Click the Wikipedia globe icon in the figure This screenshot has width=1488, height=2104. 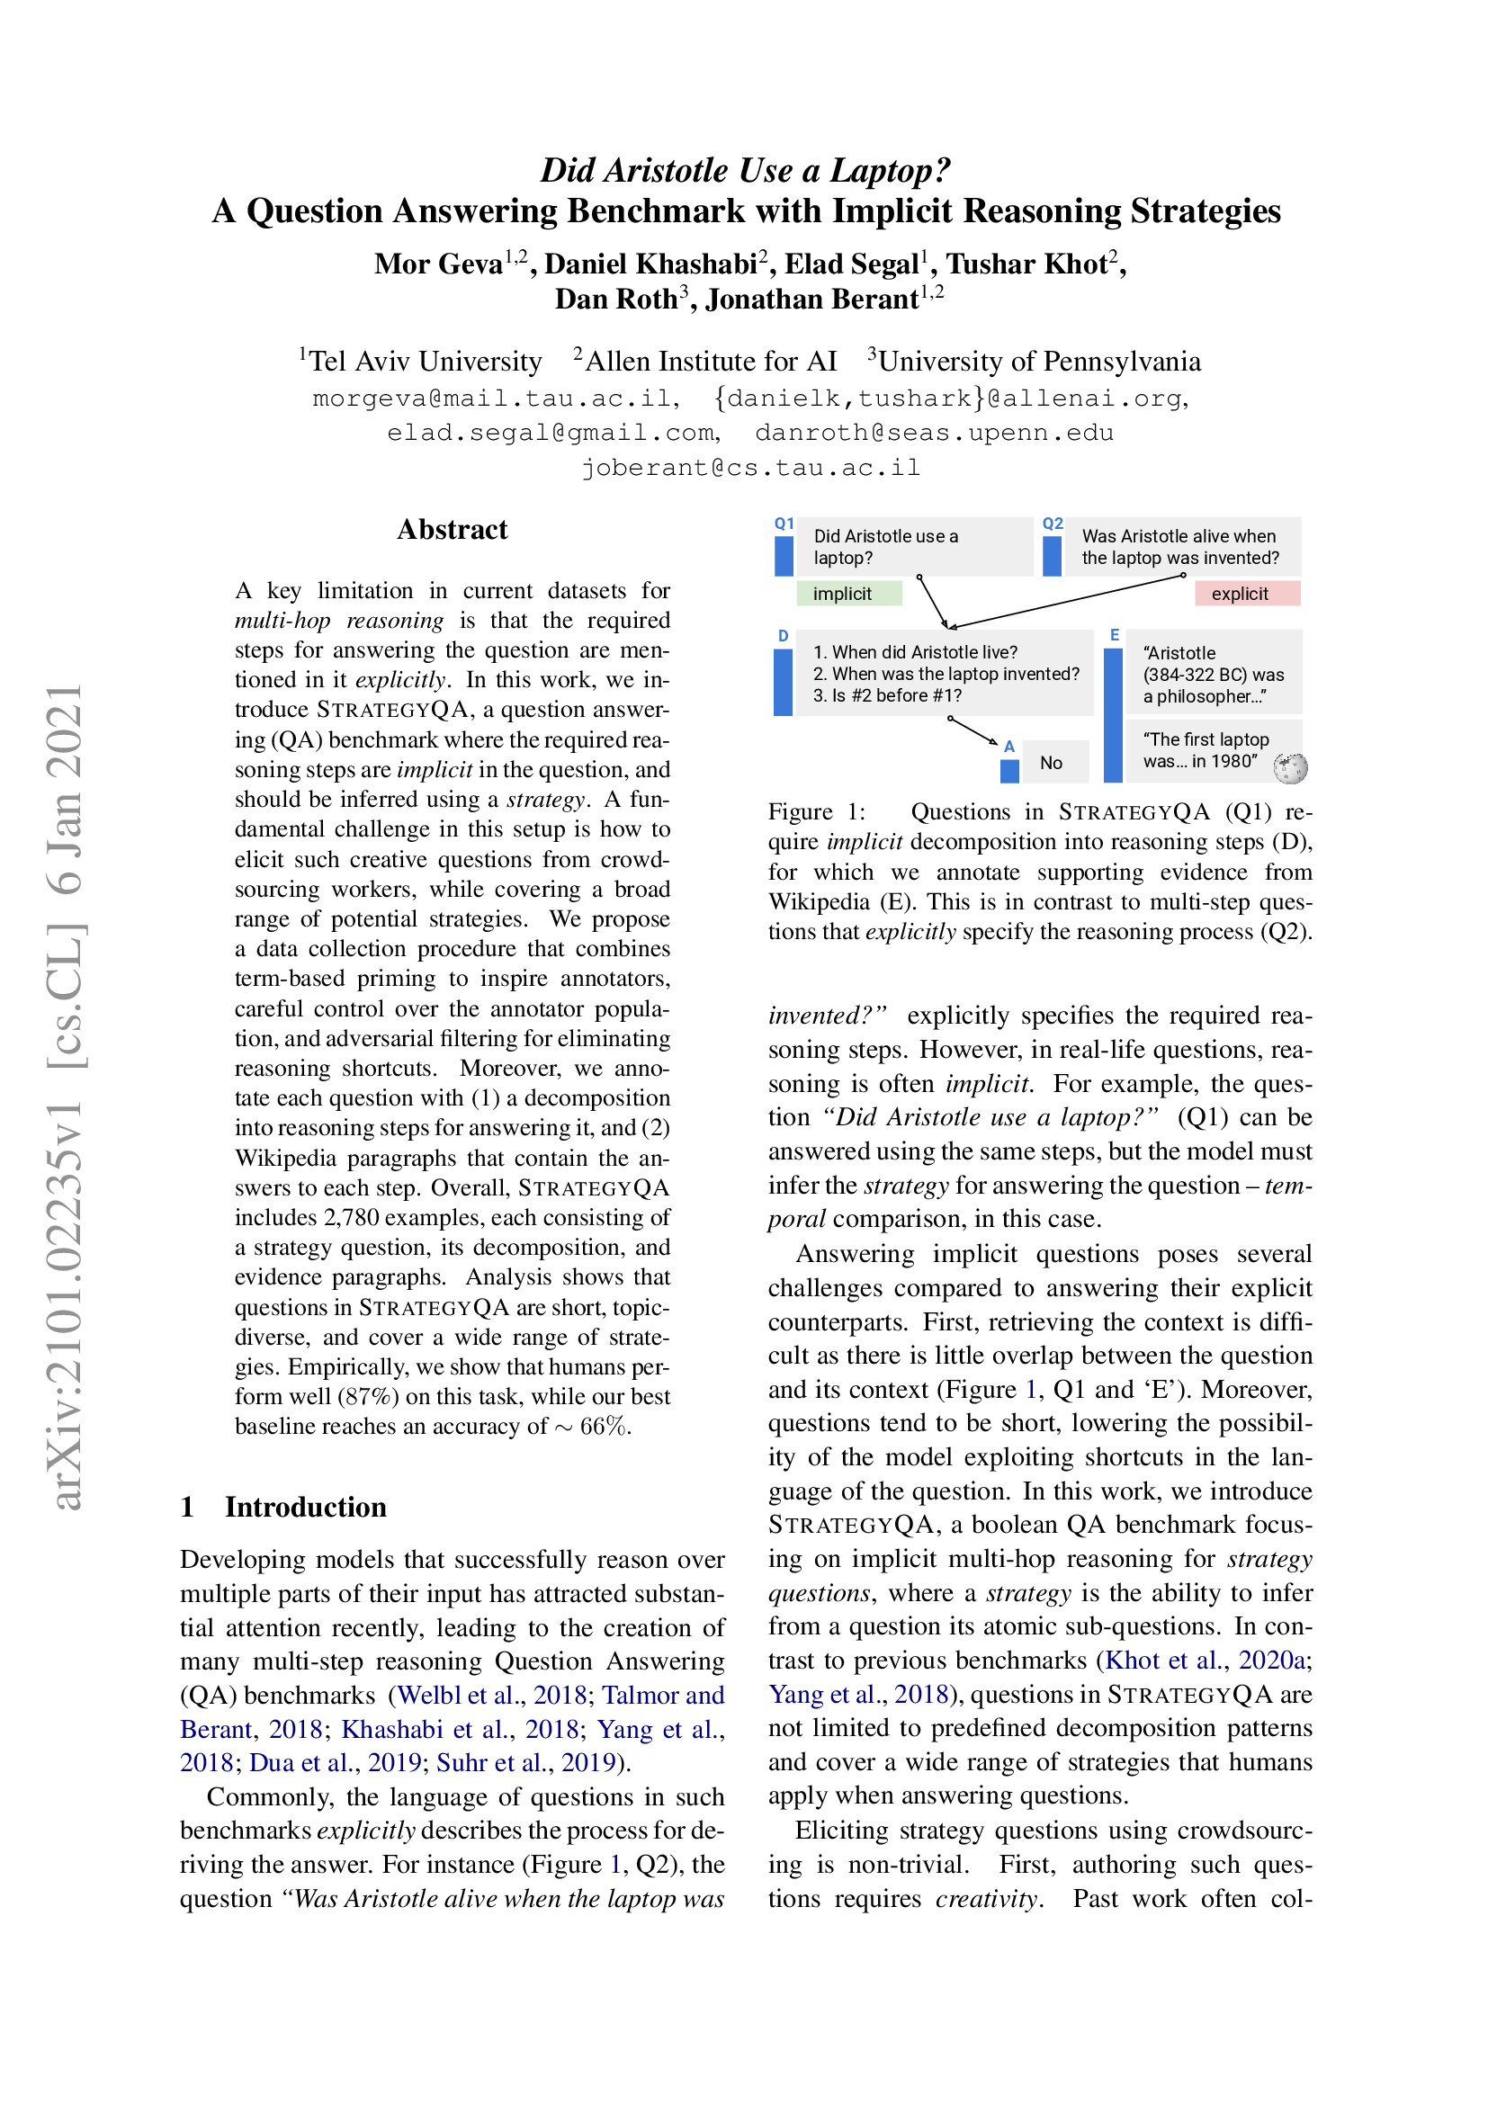(x=1290, y=768)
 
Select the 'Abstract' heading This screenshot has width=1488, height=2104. (x=452, y=530)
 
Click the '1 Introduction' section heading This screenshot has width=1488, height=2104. (x=284, y=1508)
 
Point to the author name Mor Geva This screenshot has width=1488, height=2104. (x=438, y=264)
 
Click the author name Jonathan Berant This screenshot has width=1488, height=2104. (x=811, y=300)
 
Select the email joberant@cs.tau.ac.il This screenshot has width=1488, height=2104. (x=750, y=469)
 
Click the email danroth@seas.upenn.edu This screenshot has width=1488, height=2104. (x=934, y=433)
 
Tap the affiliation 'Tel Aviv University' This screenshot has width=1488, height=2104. (x=426, y=361)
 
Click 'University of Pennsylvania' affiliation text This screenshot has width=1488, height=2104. (x=1039, y=361)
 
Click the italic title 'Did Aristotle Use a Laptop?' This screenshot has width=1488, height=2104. (x=745, y=170)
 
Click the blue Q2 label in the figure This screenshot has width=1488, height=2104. (x=1053, y=524)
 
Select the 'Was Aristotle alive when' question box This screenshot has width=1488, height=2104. (x=1180, y=547)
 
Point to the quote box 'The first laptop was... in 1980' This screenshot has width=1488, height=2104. (x=1206, y=750)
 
